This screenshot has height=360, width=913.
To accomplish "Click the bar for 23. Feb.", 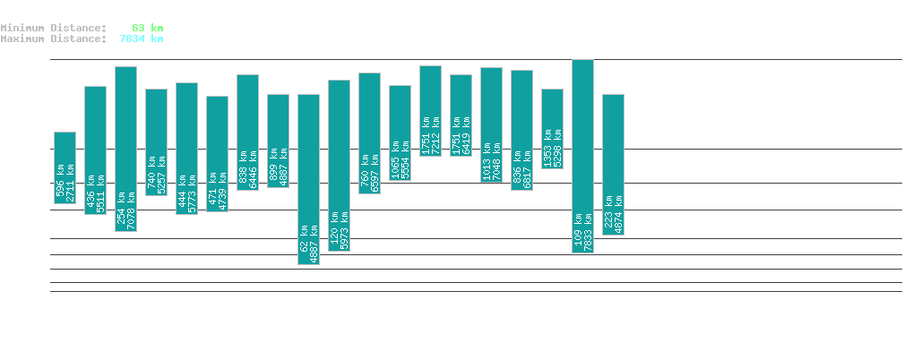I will click(308, 179).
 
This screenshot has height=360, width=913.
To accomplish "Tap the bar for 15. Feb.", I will click(65, 167).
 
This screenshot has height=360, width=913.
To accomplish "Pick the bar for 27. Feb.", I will click(430, 111).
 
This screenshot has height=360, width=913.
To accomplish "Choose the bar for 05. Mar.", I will click(613, 165).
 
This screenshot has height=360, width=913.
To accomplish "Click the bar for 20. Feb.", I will click(217, 153).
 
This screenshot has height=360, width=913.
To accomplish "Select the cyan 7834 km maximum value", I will click(141, 39).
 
